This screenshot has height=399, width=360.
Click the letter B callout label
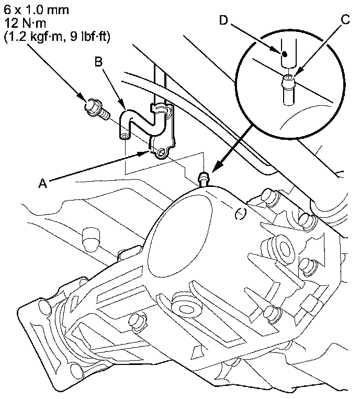(98, 63)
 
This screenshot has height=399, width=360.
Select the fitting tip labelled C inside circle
(288, 80)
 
